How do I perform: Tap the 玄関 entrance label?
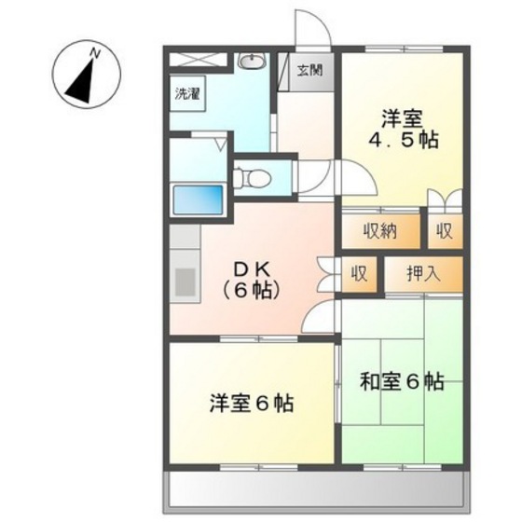[310, 70]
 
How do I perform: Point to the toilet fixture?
[250, 177]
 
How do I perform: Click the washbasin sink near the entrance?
[250, 62]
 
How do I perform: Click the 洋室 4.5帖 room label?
[403, 130]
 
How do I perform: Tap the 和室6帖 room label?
[402, 382]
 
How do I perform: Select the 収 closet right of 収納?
[446, 230]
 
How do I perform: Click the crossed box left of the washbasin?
[199, 61]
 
